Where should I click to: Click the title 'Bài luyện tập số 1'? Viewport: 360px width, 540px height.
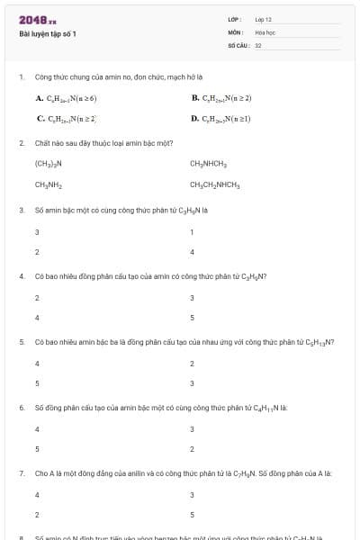47,33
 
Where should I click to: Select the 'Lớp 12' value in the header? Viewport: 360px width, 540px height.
263,19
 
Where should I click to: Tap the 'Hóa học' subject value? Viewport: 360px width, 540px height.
265,31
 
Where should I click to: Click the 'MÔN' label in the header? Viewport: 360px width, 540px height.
236,31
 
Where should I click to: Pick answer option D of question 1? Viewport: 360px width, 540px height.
221,118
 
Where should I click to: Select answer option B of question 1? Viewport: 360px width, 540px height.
221,97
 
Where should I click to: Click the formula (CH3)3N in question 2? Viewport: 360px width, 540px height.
48,164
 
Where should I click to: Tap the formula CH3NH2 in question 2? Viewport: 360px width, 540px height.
48,184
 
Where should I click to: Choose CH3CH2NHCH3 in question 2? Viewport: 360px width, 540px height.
214,184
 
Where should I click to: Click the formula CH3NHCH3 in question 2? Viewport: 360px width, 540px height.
208,164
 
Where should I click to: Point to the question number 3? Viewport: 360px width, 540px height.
22,210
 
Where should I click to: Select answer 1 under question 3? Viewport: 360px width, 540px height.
192,231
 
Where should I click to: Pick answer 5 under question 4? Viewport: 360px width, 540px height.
192,318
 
